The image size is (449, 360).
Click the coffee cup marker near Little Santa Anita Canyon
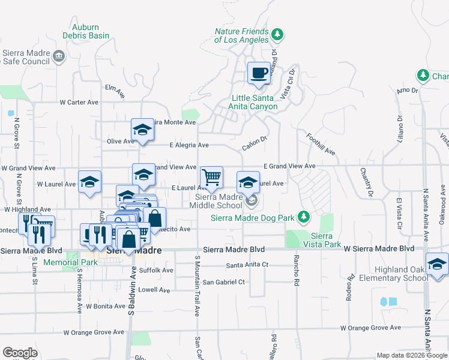coord(259,73)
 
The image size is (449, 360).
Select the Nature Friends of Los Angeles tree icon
coord(277,32)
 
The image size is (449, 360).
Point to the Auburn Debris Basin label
coord(90,31)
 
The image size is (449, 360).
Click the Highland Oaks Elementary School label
coord(393,274)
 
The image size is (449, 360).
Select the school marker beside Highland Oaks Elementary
coord(437,264)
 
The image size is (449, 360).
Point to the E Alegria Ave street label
coord(189,145)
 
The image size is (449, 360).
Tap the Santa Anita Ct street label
coord(247,265)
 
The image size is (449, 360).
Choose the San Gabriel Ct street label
coord(223,281)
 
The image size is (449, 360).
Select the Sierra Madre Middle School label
coord(218,200)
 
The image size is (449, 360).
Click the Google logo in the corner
coord(20,353)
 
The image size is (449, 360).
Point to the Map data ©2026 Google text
coord(412,355)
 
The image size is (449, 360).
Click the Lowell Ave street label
coord(155,290)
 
